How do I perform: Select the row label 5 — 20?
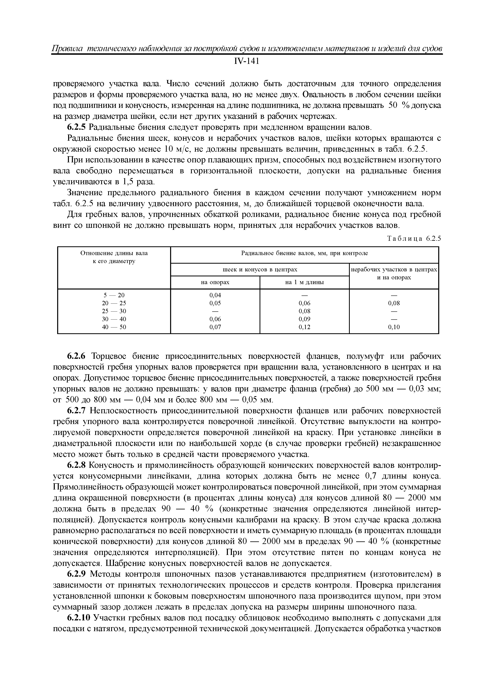tap(114, 295)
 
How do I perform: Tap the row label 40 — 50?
tap(114, 327)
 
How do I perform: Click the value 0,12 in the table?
tap(304, 327)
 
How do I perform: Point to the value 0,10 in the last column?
tap(394, 327)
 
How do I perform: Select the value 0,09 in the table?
tap(304, 319)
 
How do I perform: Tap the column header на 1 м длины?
tap(304, 282)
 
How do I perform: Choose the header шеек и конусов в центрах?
tap(260, 270)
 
